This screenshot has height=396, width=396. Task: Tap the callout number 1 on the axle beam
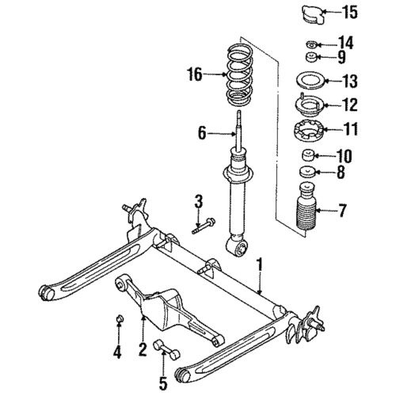[x=259, y=271]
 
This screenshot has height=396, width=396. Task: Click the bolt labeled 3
[x=201, y=227]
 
